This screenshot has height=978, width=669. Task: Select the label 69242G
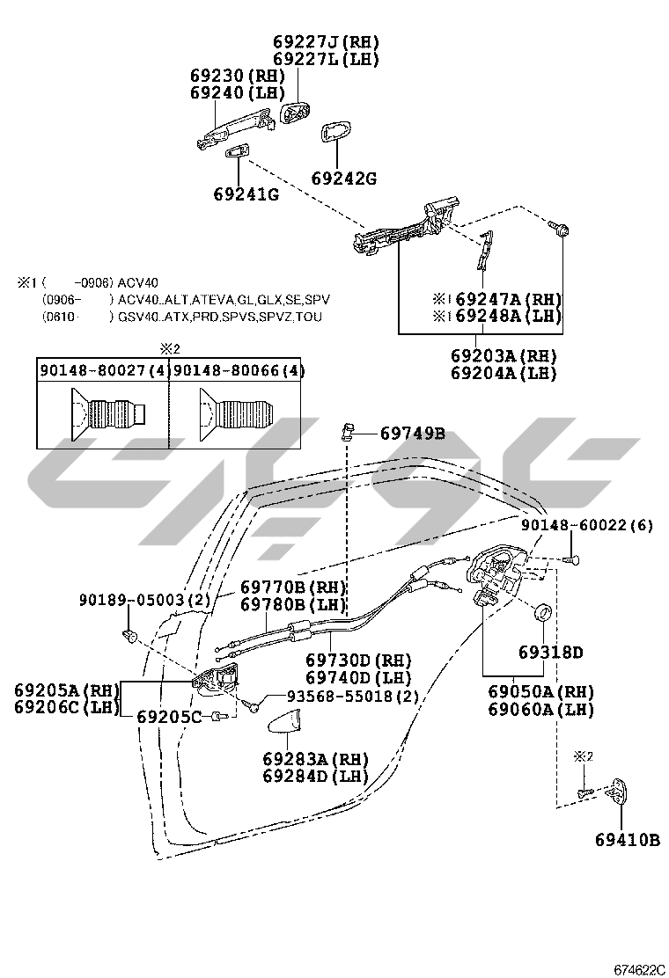[x=343, y=179]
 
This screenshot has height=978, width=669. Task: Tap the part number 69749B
[x=413, y=433]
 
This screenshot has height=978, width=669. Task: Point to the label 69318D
[x=550, y=653]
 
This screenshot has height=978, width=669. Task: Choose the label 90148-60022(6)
[x=586, y=525]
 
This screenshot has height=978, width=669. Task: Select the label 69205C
[x=169, y=717]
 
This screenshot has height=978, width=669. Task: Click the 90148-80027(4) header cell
[x=103, y=370]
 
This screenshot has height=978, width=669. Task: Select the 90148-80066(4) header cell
[x=238, y=370]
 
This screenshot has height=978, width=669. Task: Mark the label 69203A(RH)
[x=505, y=355]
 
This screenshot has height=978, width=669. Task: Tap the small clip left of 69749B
[x=347, y=431]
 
